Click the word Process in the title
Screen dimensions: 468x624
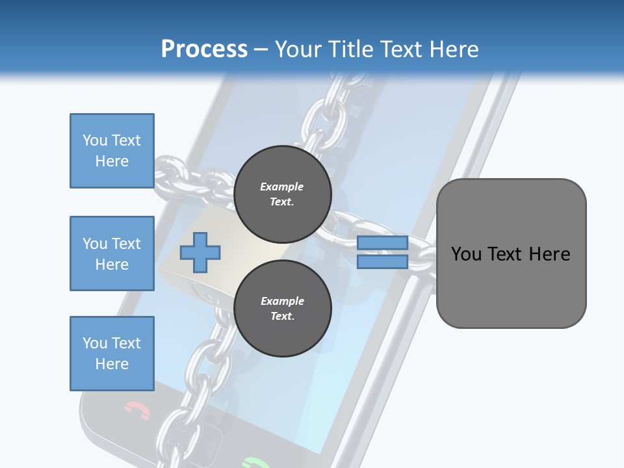[204, 49]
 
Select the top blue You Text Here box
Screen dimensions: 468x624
[112, 151]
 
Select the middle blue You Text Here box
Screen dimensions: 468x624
[112, 253]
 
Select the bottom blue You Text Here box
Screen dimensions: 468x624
[112, 354]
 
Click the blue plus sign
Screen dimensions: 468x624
[200, 252]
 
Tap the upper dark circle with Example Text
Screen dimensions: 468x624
[282, 194]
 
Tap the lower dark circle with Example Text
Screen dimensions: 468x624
[282, 309]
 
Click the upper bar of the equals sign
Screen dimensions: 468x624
[382, 243]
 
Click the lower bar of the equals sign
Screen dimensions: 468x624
[382, 262]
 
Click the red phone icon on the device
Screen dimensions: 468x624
[137, 411]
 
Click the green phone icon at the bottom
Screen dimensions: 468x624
[255, 462]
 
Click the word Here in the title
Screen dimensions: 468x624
[454, 49]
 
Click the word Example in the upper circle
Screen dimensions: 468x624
[281, 187]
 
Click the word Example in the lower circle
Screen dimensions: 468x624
[282, 301]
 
